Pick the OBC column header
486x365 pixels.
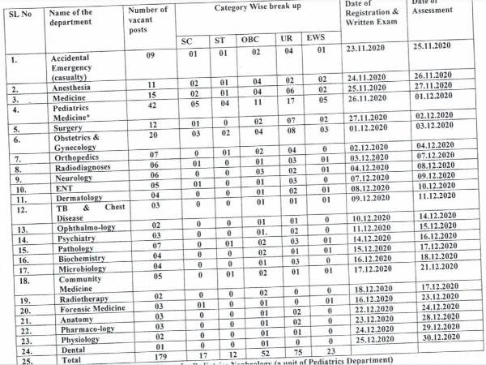[x=251, y=40]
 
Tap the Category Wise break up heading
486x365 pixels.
[x=258, y=7]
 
